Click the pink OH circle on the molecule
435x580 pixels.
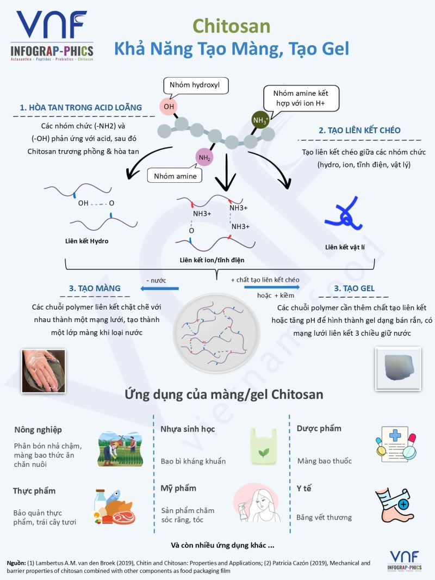click(x=169, y=107)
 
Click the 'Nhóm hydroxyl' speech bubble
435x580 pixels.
click(x=195, y=85)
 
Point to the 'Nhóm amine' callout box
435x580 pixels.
click(x=175, y=176)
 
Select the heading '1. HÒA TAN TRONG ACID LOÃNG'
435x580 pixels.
click(x=81, y=107)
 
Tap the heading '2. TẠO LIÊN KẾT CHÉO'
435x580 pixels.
click(x=359, y=130)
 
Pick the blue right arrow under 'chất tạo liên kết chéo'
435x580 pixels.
click(x=264, y=287)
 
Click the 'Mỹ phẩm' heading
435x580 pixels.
click(x=178, y=488)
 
